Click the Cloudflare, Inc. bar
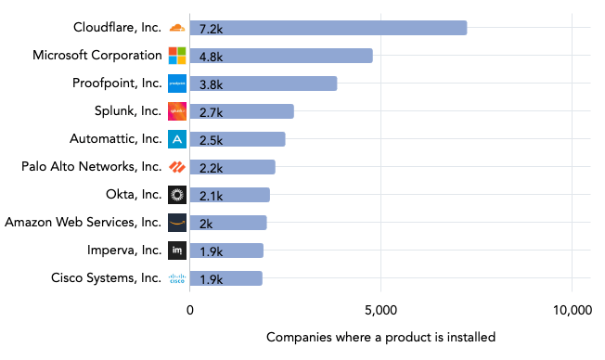pyautogui.click(x=328, y=28)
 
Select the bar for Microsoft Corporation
pyautogui.click(x=281, y=56)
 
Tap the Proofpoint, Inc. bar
pyautogui.click(x=264, y=84)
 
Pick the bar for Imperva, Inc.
pyautogui.click(x=226, y=251)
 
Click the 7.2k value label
pyautogui.click(x=211, y=28)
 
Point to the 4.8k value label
pyautogui.click(x=211, y=56)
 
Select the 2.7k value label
pyautogui.click(x=211, y=111)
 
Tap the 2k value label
pyautogui.click(x=206, y=223)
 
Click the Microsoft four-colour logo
pyautogui.click(x=177, y=56)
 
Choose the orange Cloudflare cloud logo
pyautogui.click(x=177, y=28)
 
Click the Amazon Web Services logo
pyautogui.click(x=177, y=223)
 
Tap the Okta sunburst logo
pyautogui.click(x=177, y=195)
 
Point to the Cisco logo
pyautogui.click(x=177, y=278)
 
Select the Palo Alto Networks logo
pyautogui.click(x=177, y=167)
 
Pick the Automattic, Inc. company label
pyautogui.click(x=115, y=139)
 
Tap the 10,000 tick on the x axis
pyautogui.click(x=572, y=311)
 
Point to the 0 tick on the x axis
pyautogui.click(x=190, y=311)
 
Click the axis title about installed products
pyautogui.click(x=380, y=337)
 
